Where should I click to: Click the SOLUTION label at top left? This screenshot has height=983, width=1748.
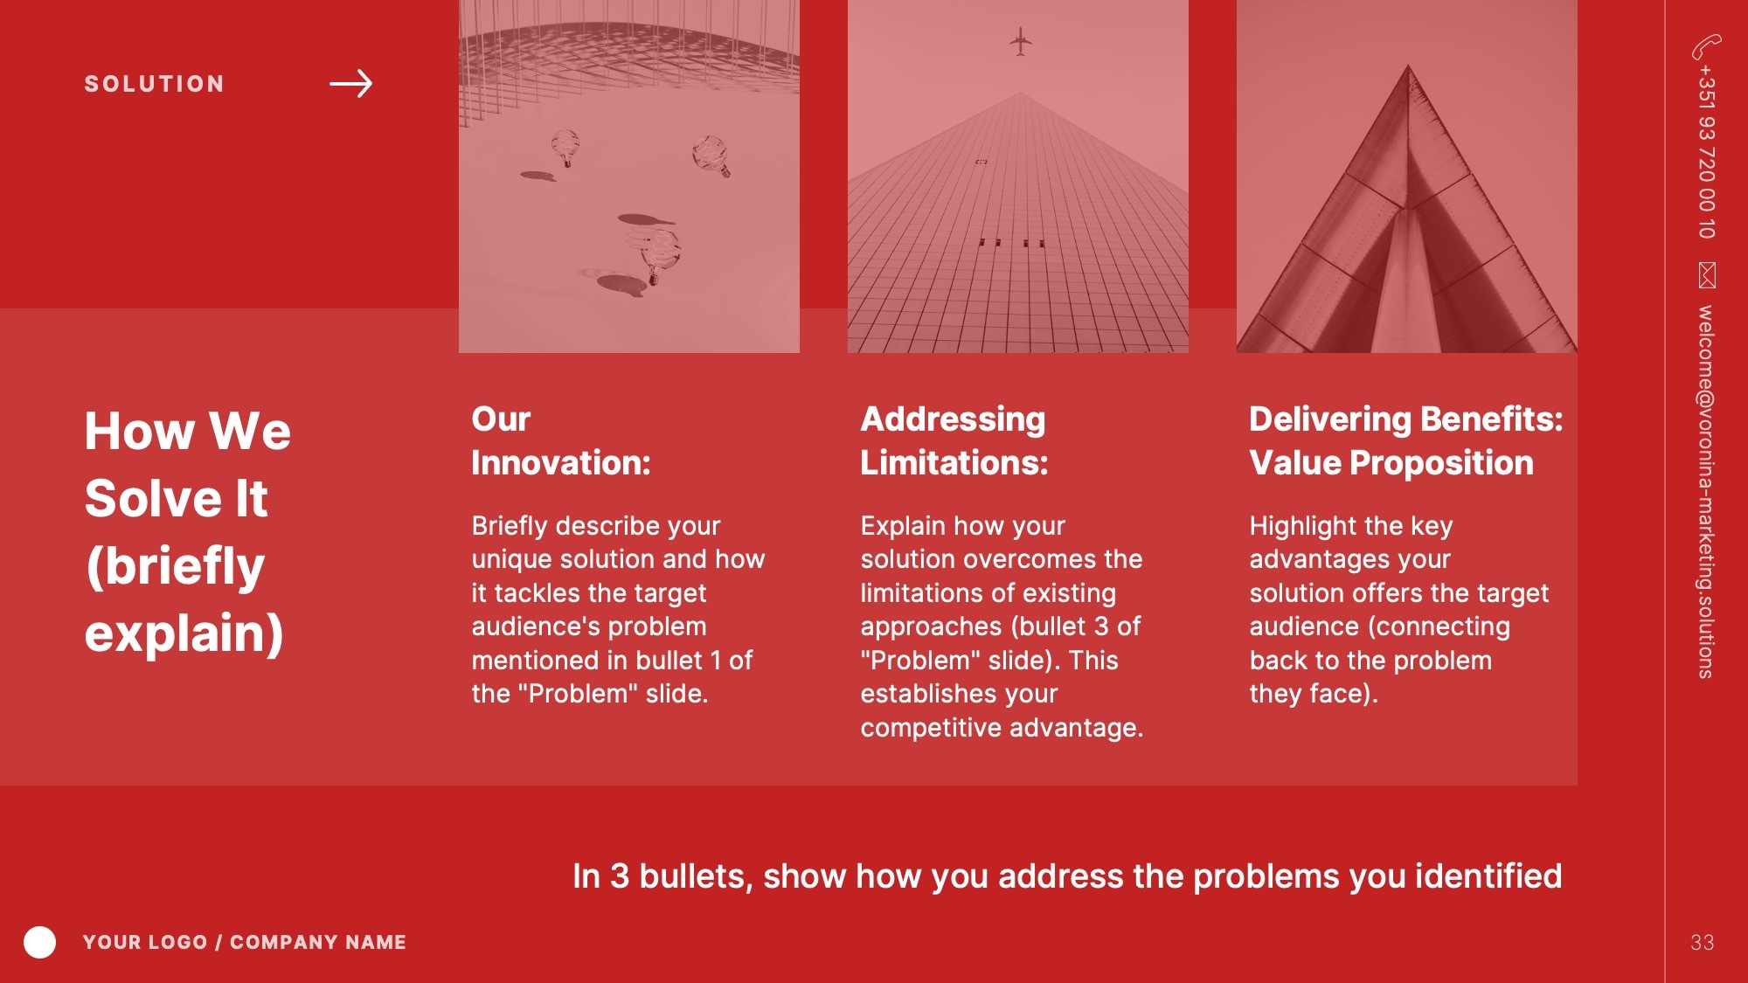(x=155, y=84)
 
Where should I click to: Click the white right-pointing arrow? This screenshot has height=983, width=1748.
(x=351, y=84)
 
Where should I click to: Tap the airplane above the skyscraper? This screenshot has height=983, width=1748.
(x=1020, y=41)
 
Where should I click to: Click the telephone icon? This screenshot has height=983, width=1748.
(x=1706, y=46)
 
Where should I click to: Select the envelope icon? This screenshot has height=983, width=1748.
(x=1707, y=275)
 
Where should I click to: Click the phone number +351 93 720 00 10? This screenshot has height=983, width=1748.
(x=1707, y=151)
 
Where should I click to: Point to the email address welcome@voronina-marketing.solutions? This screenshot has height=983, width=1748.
(x=1706, y=491)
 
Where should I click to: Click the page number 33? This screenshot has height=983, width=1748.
(x=1702, y=942)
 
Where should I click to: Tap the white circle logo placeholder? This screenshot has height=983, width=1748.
(x=39, y=942)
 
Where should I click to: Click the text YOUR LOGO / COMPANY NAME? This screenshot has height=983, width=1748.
(x=245, y=942)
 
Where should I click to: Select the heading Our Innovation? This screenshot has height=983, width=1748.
(x=561, y=440)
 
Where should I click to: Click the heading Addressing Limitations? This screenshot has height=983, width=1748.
(x=954, y=440)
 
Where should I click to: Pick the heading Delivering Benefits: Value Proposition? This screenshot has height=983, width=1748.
(x=1406, y=440)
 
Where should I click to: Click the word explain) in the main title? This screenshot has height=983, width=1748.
(x=184, y=633)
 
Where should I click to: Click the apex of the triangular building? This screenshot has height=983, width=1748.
(x=1408, y=65)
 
